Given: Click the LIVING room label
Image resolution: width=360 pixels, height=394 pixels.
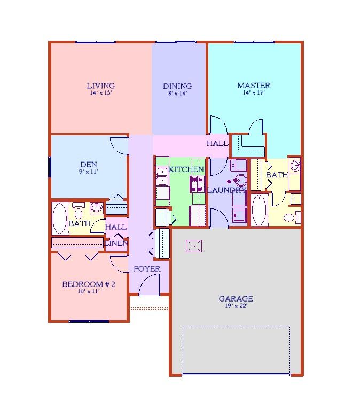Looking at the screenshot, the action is pyautogui.click(x=100, y=86).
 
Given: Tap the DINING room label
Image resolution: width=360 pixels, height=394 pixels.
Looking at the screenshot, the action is pyautogui.click(x=177, y=86).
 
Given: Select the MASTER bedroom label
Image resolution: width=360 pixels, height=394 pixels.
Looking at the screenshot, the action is pyautogui.click(x=254, y=86).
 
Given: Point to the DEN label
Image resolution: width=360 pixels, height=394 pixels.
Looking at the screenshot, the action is pyautogui.click(x=88, y=165).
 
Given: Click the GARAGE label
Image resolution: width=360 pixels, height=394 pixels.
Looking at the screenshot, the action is pyautogui.click(x=236, y=298).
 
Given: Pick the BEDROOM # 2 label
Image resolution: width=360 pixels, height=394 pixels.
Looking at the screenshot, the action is pyautogui.click(x=89, y=284).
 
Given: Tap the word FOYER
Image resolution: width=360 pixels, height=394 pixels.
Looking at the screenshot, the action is pyautogui.click(x=147, y=269).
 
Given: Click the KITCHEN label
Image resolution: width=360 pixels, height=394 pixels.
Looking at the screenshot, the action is pyautogui.click(x=186, y=169).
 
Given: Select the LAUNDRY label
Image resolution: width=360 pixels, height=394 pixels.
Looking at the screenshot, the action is pyautogui.click(x=226, y=190).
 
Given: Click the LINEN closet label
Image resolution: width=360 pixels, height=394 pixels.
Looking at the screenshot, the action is pyautogui.click(x=116, y=243).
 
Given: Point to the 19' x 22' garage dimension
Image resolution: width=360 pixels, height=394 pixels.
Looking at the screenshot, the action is pyautogui.click(x=236, y=306).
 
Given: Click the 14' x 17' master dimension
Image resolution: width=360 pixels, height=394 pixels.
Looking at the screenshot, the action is pyautogui.click(x=254, y=92).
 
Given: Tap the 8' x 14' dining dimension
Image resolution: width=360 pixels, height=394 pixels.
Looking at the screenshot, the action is pyautogui.click(x=177, y=93).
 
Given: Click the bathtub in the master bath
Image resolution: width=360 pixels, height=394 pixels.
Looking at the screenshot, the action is pyautogui.click(x=260, y=210).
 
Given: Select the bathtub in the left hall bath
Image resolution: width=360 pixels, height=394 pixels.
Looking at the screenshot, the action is pyautogui.click(x=60, y=219).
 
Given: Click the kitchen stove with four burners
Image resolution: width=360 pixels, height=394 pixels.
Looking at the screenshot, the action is pyautogui.click(x=198, y=184).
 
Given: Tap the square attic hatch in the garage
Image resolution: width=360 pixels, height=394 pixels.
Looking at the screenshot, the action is pyautogui.click(x=194, y=246).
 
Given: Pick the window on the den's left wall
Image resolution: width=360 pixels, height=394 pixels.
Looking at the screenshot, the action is pyautogui.click(x=50, y=167).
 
